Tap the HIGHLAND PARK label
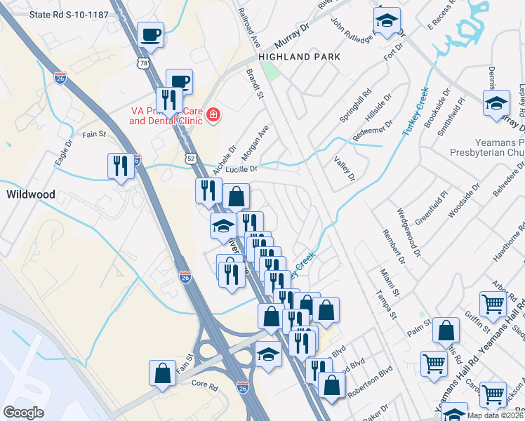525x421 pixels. [x=299, y=57]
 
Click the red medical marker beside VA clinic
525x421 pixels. [x=212, y=115]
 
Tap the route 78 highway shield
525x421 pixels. [x=144, y=63]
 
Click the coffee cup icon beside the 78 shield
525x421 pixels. [x=150, y=34]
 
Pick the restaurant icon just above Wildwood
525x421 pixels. [x=121, y=166]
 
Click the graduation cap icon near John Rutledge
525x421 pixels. [x=386, y=22]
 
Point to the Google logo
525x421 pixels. [x=23, y=413]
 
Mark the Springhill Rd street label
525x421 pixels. [x=355, y=106]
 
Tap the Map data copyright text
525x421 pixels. [x=495, y=415]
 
